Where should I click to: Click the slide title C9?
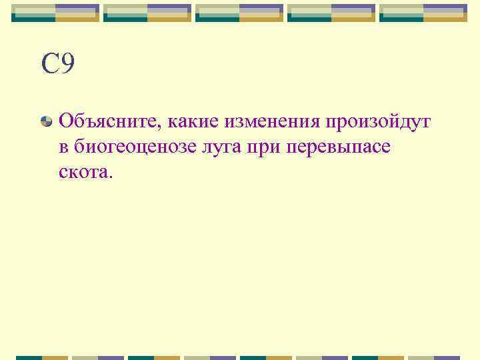57,65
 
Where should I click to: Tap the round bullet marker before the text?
46,121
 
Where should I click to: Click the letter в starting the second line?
63,147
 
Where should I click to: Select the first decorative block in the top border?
55,13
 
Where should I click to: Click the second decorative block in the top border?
147,13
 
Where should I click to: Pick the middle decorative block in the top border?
239,13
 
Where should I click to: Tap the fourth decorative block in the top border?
331,13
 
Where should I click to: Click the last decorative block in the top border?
423,13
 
